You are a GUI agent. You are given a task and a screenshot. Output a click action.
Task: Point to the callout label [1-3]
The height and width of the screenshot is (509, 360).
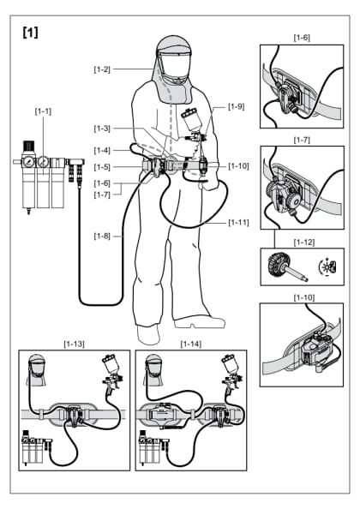tap(103, 128)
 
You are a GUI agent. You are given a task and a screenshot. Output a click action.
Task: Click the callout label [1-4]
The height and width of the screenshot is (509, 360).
tap(103, 151)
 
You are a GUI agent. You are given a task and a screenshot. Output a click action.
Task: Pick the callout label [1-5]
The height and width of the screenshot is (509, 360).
tap(103, 166)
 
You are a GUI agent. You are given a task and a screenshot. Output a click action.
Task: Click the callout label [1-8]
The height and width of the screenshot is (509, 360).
tap(104, 233)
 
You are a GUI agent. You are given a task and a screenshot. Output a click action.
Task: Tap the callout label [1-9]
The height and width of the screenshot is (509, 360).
tap(237, 107)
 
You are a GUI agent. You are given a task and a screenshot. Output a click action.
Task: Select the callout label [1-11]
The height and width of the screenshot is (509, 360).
tap(240, 222)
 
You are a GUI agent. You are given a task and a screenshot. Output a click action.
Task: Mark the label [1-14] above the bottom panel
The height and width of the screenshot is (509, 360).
tap(190, 343)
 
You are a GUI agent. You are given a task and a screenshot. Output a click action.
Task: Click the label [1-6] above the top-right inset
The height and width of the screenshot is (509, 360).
tap(302, 38)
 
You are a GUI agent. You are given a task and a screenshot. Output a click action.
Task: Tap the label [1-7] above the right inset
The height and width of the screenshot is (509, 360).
tap(302, 139)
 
